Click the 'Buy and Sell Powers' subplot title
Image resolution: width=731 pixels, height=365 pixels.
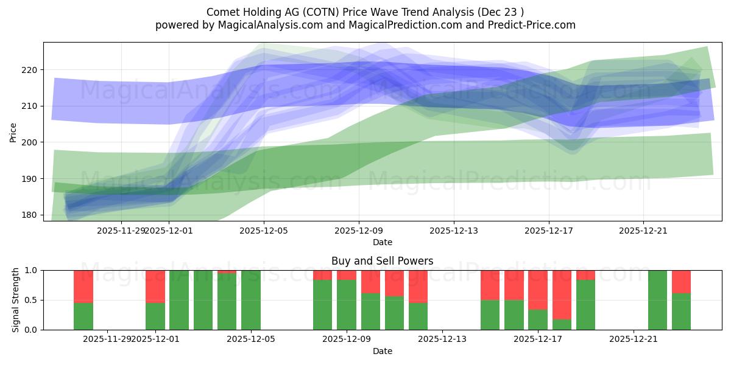pos(382,261)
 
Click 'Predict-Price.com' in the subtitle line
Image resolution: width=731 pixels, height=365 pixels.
pos(529,25)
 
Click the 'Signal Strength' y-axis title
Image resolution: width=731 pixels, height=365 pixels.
pos(16,300)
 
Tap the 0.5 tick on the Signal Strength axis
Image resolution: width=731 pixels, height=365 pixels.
pos(31,300)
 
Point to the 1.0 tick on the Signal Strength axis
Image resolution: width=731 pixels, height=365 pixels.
pos(31,270)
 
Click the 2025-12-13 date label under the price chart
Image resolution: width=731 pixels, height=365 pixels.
pos(453,231)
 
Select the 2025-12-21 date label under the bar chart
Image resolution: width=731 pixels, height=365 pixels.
pos(634,339)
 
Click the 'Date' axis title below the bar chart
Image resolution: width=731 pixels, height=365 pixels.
pos(382,351)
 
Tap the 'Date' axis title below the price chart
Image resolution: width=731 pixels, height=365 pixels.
pos(382,242)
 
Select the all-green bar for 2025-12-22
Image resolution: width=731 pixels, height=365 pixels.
pos(657,300)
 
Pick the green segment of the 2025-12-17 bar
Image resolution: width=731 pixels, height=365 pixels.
pos(538,319)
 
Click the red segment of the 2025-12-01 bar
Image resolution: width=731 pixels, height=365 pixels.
pos(155,286)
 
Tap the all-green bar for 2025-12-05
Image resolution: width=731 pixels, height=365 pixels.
pos(251,300)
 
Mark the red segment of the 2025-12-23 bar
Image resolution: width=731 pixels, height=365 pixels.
pos(681,281)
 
